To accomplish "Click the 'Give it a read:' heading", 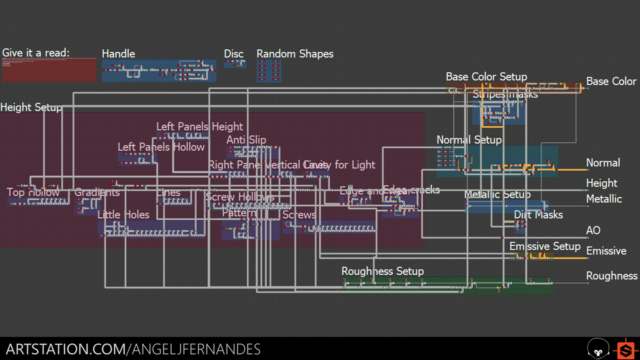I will pyautogui.click(x=36, y=53).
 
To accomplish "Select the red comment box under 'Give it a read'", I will pyautogui.click(x=49, y=70).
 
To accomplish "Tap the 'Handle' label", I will pyautogui.click(x=118, y=54).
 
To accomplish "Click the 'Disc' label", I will pyautogui.click(x=234, y=54).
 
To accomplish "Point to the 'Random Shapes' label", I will pyautogui.click(x=295, y=54).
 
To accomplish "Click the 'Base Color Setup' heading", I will pyautogui.click(x=486, y=77).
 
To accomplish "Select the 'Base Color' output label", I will pyautogui.click(x=611, y=81).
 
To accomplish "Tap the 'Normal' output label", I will pyautogui.click(x=603, y=163).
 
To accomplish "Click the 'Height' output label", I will pyautogui.click(x=601, y=183).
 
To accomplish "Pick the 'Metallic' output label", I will pyautogui.click(x=604, y=199).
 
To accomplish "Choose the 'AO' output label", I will pyautogui.click(x=593, y=230).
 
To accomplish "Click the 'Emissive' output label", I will pyautogui.click(x=606, y=251).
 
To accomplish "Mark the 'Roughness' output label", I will pyautogui.click(x=611, y=276).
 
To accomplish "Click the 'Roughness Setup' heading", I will pyautogui.click(x=382, y=271).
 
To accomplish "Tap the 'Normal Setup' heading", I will pyautogui.click(x=469, y=140).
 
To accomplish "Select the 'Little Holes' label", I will pyautogui.click(x=123, y=215).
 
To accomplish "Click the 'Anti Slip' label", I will pyautogui.click(x=246, y=140).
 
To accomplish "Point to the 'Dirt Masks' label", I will pyautogui.click(x=538, y=215).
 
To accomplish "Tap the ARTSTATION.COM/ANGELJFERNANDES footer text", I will pyautogui.click(x=133, y=349).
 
